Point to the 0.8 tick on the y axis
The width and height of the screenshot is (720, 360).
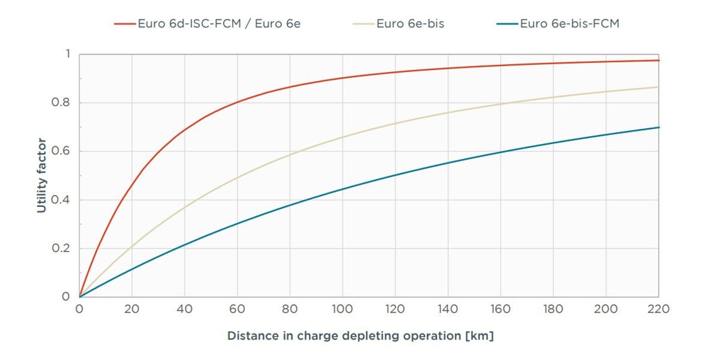click(x=63, y=103)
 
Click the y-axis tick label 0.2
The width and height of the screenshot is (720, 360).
click(x=63, y=248)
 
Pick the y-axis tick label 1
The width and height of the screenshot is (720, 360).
click(x=67, y=54)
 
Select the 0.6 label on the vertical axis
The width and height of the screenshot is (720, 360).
click(x=63, y=151)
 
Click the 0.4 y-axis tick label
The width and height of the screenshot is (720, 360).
click(x=63, y=200)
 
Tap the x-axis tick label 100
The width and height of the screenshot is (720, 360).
click(x=343, y=310)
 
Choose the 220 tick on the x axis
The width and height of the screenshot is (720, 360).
click(x=659, y=310)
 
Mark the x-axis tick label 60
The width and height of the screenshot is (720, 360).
click(x=237, y=310)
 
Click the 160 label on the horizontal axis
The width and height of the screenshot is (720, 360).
click(x=500, y=310)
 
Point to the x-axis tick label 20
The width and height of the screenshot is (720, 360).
click(x=132, y=310)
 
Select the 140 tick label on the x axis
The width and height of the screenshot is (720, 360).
click(x=448, y=310)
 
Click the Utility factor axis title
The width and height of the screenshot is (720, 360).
click(x=41, y=175)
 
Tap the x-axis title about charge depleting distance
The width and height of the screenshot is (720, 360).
click(x=360, y=336)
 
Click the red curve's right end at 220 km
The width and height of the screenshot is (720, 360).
click(x=658, y=61)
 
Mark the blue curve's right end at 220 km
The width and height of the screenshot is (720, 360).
click(x=658, y=127)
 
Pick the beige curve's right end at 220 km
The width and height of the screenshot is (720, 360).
click(x=658, y=87)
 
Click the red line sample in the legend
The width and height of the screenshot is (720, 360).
click(x=125, y=24)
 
